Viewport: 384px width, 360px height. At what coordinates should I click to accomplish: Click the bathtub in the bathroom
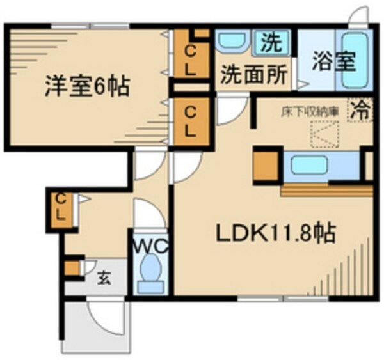click(x=353, y=61)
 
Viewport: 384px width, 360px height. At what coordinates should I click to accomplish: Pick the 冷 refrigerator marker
click(x=360, y=109)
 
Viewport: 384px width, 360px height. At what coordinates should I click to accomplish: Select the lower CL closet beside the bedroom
click(x=191, y=121)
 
